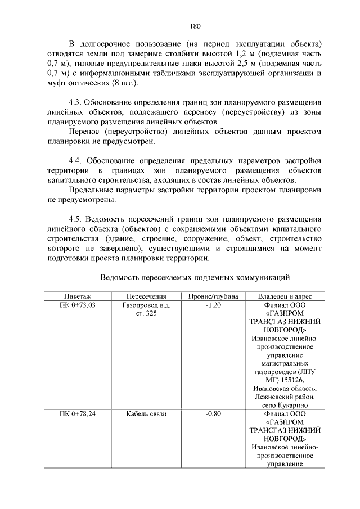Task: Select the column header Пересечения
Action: pos(146,296)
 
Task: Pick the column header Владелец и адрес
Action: pos(284,296)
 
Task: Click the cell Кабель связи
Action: pos(146,414)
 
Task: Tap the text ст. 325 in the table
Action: pos(146,313)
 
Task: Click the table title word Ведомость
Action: pos(123,277)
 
